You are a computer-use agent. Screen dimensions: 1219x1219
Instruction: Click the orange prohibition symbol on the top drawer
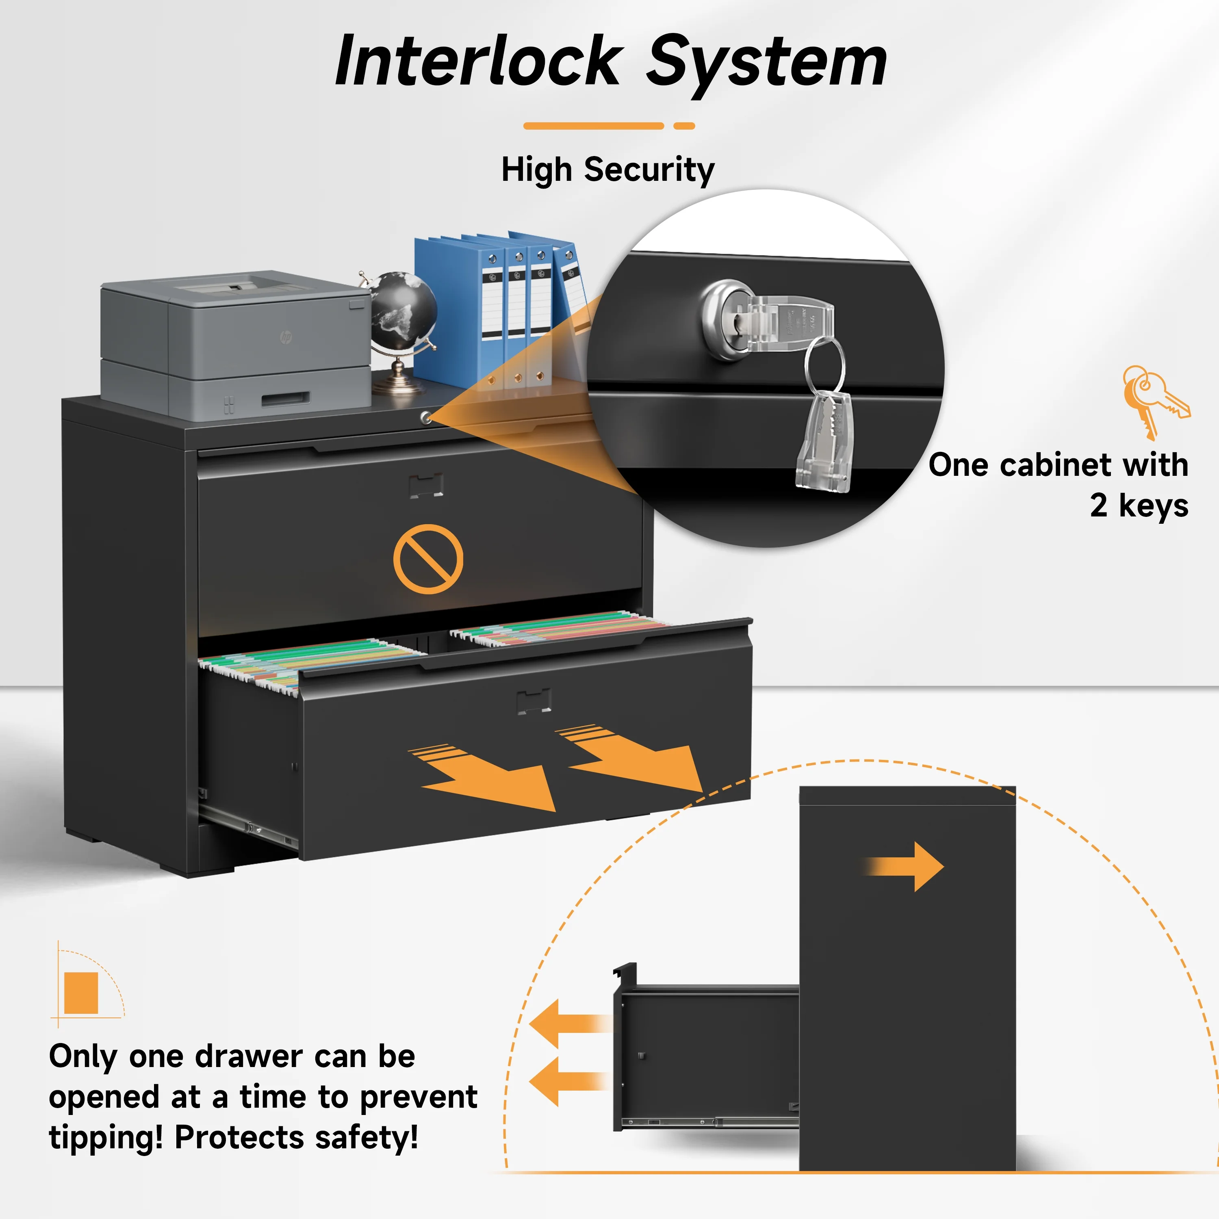point(428,559)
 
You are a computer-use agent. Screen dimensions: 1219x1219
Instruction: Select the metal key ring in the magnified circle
point(825,366)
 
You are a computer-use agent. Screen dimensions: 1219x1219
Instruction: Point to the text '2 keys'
point(1139,505)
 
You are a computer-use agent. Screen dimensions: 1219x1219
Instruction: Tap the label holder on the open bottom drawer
point(534,701)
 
